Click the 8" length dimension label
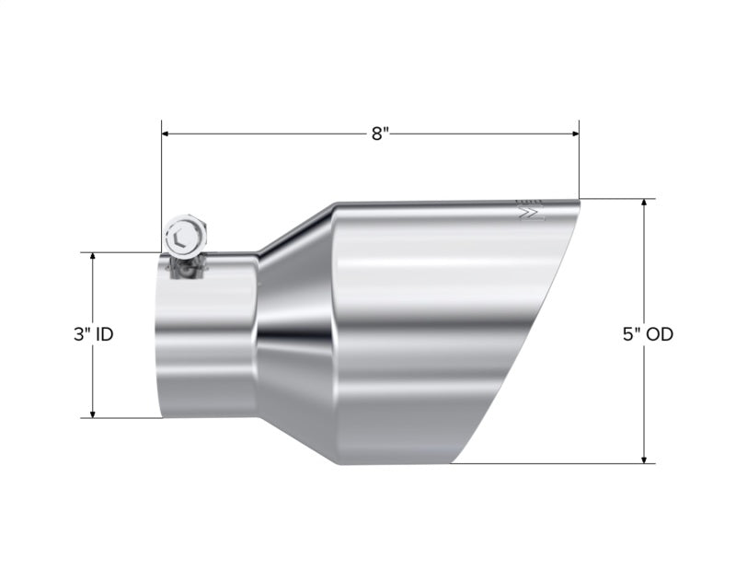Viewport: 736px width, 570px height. click(x=381, y=134)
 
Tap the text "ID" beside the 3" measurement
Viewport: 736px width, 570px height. click(x=103, y=334)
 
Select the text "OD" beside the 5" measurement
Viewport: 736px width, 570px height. click(x=660, y=334)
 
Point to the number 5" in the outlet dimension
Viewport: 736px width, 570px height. click(x=630, y=334)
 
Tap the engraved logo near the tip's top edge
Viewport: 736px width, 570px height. click(x=530, y=211)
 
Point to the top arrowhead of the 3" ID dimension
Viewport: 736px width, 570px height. click(x=93, y=258)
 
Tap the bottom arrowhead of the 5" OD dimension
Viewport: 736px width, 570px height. click(x=644, y=458)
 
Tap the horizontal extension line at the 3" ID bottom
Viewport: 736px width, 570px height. click(x=124, y=418)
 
